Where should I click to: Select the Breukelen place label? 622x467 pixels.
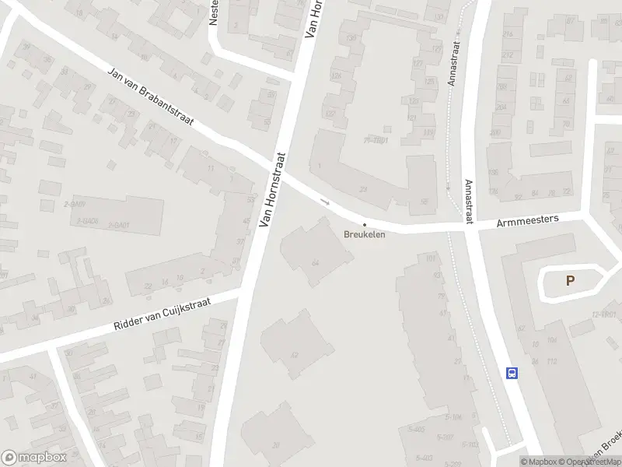point(364,233)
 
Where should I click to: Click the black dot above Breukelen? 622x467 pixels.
point(364,224)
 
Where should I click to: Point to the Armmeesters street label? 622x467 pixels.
point(528,221)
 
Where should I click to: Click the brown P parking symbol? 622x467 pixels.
point(570,281)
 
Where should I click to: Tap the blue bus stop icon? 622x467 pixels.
point(512,373)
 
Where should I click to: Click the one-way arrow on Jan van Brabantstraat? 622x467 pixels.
point(326,202)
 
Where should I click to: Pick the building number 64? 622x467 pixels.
point(316,263)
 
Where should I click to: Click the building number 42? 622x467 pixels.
point(294,355)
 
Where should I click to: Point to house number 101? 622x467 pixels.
point(430,258)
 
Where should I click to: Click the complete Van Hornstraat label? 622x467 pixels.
point(272,190)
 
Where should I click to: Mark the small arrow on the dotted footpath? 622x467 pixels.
point(449,187)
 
